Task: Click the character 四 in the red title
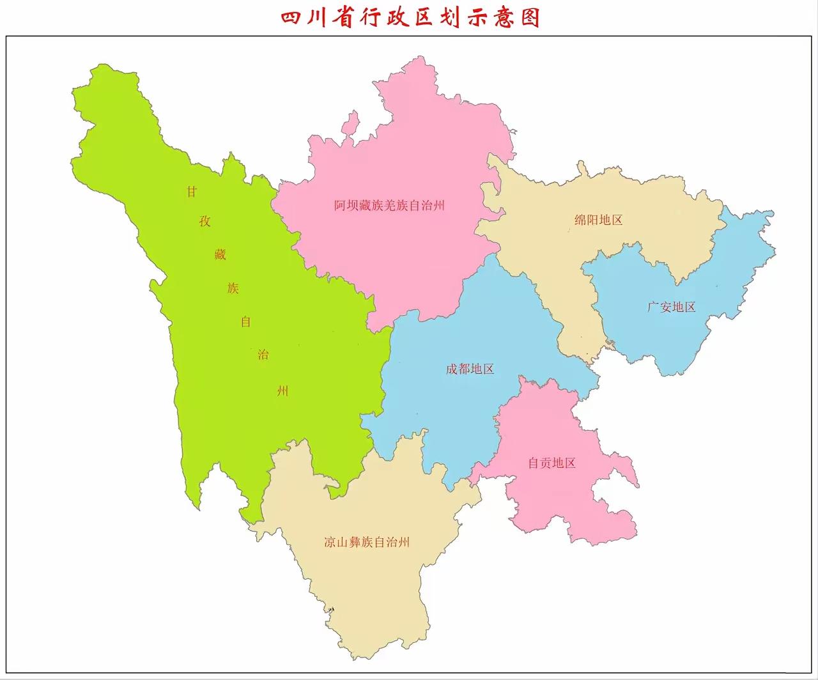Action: pyautogui.click(x=293, y=17)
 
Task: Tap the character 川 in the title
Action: pyautogui.click(x=326, y=17)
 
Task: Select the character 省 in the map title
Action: pyautogui.click(x=359, y=17)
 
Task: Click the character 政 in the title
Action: pyautogui.click(x=426, y=17)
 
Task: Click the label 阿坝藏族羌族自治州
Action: pyautogui.click(x=390, y=206)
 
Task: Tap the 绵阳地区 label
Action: pyautogui.click(x=599, y=220)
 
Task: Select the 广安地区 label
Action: pyautogui.click(x=671, y=307)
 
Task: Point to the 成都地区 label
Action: pyautogui.click(x=470, y=369)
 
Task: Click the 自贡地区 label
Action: pyautogui.click(x=552, y=463)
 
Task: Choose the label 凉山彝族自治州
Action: pyautogui.click(x=367, y=543)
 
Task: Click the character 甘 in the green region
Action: pyautogui.click(x=192, y=192)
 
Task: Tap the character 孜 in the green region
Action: pyautogui.click(x=205, y=222)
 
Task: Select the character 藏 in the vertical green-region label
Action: pyautogui.click(x=220, y=254)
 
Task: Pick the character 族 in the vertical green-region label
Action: pyautogui.click(x=233, y=288)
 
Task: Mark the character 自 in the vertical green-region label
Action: pyautogui.click(x=246, y=321)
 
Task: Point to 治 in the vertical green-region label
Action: pyautogui.click(x=263, y=355)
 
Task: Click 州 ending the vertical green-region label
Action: pyautogui.click(x=282, y=390)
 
